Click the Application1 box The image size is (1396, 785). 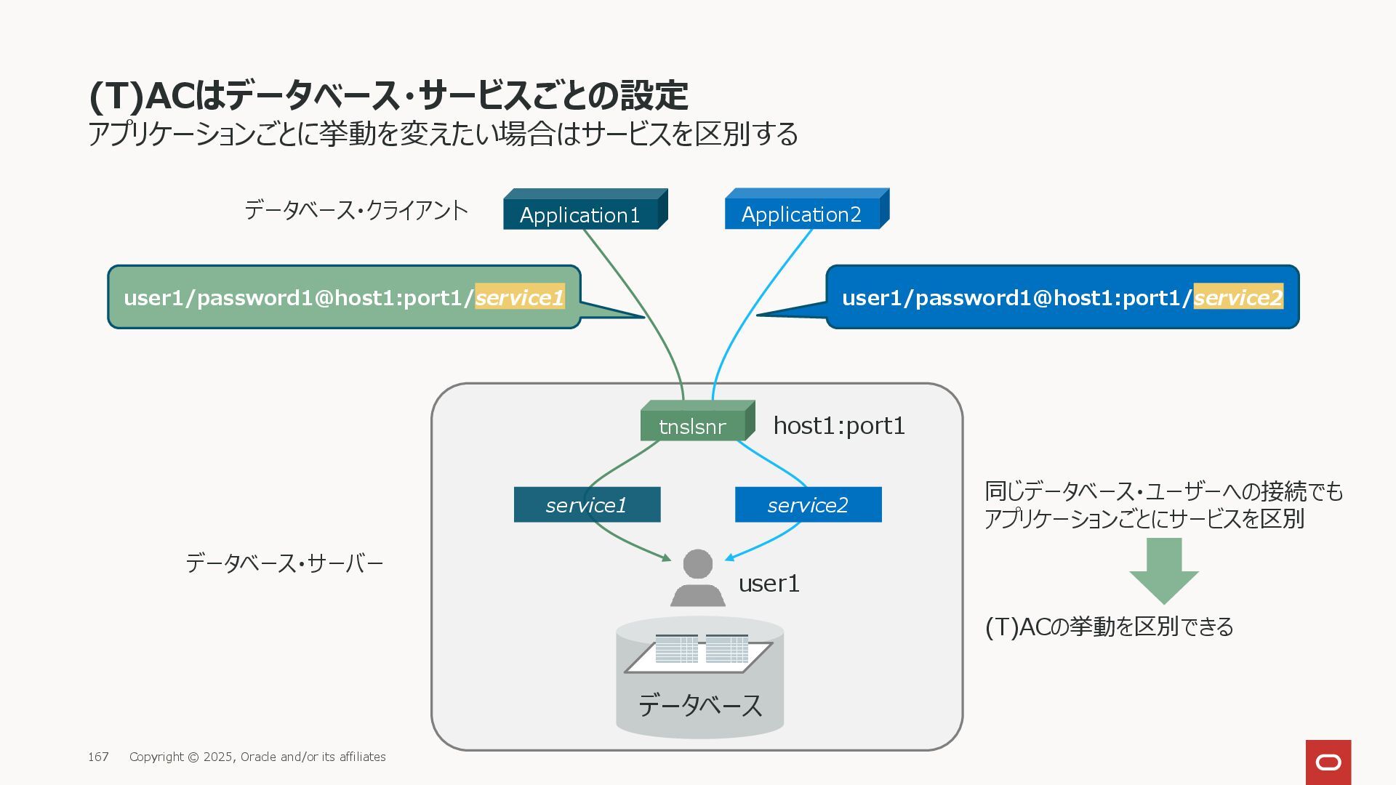pyautogui.click(x=585, y=209)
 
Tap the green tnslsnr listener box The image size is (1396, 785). pyautogui.click(x=697, y=421)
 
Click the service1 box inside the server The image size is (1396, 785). pyautogui.click(x=587, y=504)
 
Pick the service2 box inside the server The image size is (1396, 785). pyautogui.click(x=809, y=504)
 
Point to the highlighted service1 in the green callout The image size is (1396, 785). pyautogui.click(x=520, y=297)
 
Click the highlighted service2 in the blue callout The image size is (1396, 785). pyautogui.click(x=1238, y=297)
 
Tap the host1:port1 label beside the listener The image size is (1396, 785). pyautogui.click(x=839, y=425)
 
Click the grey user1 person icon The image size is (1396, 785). pyautogui.click(x=698, y=578)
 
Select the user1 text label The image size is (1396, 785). pyautogui.click(x=769, y=583)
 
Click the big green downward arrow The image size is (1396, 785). pyautogui.click(x=1164, y=571)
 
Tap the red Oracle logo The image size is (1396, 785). pyautogui.click(x=1328, y=762)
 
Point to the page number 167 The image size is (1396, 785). pyautogui.click(x=98, y=757)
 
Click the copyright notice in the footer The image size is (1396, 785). pyautogui.click(x=257, y=757)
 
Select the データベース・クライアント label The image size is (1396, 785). pyautogui.click(x=356, y=210)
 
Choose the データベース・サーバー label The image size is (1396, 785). pyautogui.click(x=284, y=563)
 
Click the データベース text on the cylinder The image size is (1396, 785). pyautogui.click(x=700, y=705)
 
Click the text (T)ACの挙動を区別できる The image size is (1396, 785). pyautogui.click(x=1109, y=627)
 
